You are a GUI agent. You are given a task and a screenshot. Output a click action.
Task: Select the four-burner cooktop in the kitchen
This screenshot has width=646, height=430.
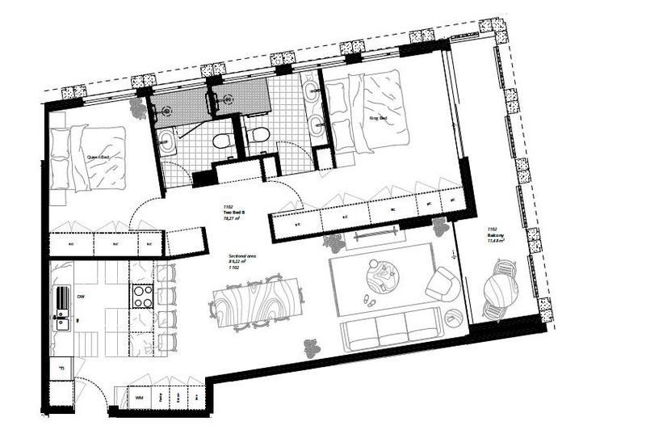coord(142,296)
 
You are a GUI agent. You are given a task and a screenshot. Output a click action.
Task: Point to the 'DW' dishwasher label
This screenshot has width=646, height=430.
coord(81,297)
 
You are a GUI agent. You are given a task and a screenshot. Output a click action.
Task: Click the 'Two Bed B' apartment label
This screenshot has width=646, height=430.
coord(234,213)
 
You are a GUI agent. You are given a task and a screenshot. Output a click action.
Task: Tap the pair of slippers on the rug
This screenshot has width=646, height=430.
coord(368,300)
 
